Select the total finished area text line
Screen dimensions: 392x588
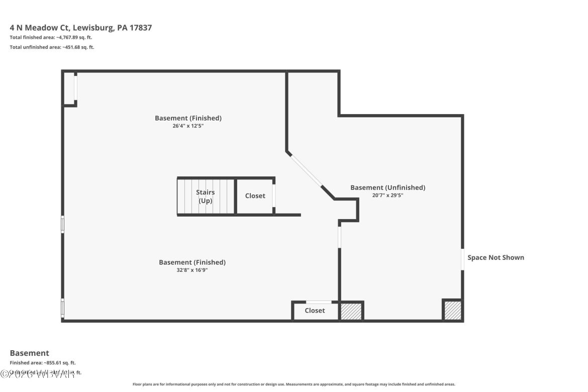tap(51, 38)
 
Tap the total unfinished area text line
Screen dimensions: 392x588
tap(52, 47)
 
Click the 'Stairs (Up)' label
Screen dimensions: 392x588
tap(205, 196)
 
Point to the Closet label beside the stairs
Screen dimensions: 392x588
tap(255, 195)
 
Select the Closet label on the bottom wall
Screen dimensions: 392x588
tap(315, 311)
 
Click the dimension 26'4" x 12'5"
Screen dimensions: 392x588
tap(188, 126)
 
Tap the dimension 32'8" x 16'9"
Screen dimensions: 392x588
tap(192, 270)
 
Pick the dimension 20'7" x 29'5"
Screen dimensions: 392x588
tap(387, 195)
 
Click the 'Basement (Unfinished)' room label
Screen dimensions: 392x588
tap(387, 187)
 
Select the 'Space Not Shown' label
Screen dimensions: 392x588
tap(496, 257)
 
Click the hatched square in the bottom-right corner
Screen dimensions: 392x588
tap(452, 311)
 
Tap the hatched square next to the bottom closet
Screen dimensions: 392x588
tap(351, 311)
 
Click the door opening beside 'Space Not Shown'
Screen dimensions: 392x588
tap(462, 259)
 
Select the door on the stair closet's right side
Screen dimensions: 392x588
tap(273, 196)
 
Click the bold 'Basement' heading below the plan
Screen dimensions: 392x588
tap(30, 353)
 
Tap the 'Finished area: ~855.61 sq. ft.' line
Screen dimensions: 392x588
tap(43, 362)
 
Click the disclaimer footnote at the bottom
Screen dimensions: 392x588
tap(293, 384)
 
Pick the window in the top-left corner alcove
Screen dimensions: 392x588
tap(75, 87)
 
